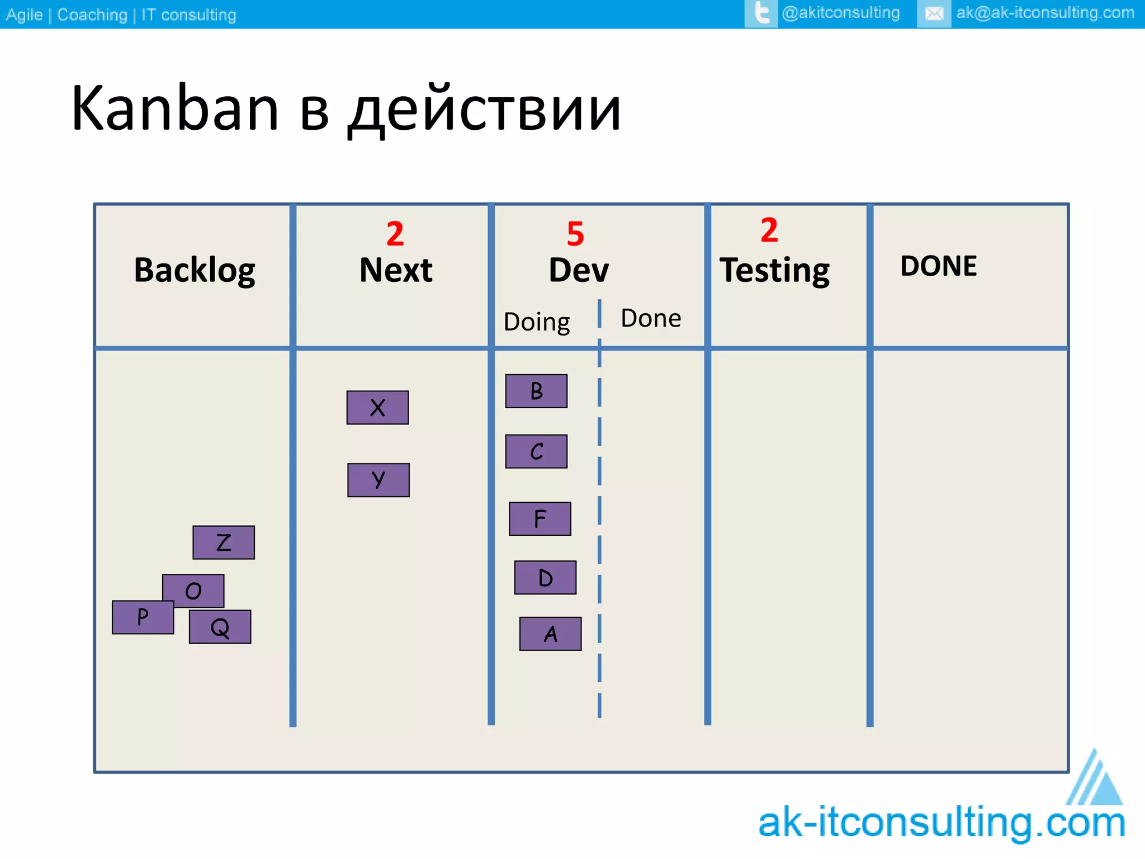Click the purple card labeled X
377,408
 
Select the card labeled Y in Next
378,480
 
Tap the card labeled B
536,391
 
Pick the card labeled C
536,451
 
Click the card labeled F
540,519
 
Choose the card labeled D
545,578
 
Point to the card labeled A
550,634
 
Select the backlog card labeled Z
224,542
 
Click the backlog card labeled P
143,617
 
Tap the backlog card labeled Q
220,627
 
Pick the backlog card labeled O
193,589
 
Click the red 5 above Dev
575,234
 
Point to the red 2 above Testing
769,230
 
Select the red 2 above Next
395,234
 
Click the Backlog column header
195,270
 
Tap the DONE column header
938,266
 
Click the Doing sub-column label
536,322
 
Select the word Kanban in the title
174,108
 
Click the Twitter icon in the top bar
761,13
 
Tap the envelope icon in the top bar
934,13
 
